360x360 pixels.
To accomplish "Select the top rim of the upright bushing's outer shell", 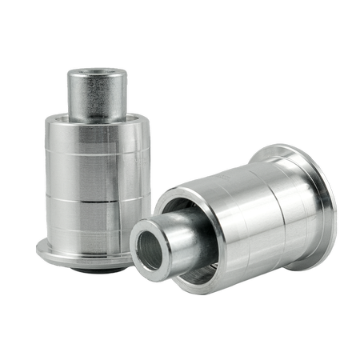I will pos(96,122).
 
